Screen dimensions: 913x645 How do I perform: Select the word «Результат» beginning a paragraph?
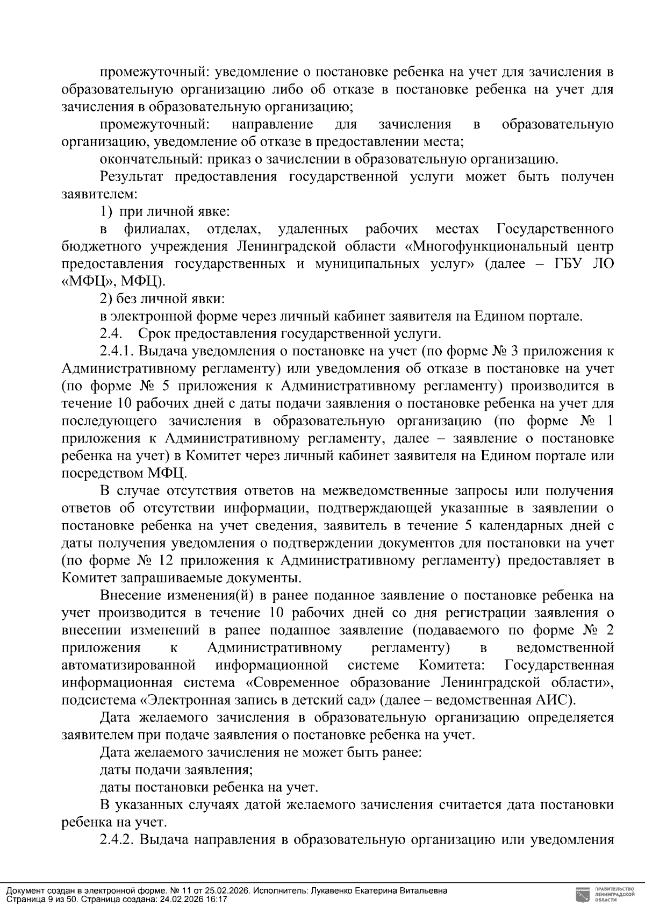click(x=131, y=177)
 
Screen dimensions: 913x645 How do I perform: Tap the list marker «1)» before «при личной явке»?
click(x=107, y=212)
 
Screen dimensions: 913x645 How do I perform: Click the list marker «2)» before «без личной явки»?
click(x=107, y=299)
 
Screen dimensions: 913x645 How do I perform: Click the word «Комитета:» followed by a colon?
click(x=451, y=666)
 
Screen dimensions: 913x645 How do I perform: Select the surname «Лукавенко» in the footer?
click(x=330, y=890)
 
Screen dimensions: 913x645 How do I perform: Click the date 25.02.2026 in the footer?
click(x=229, y=890)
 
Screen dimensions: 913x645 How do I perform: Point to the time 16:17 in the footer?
click(x=217, y=899)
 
